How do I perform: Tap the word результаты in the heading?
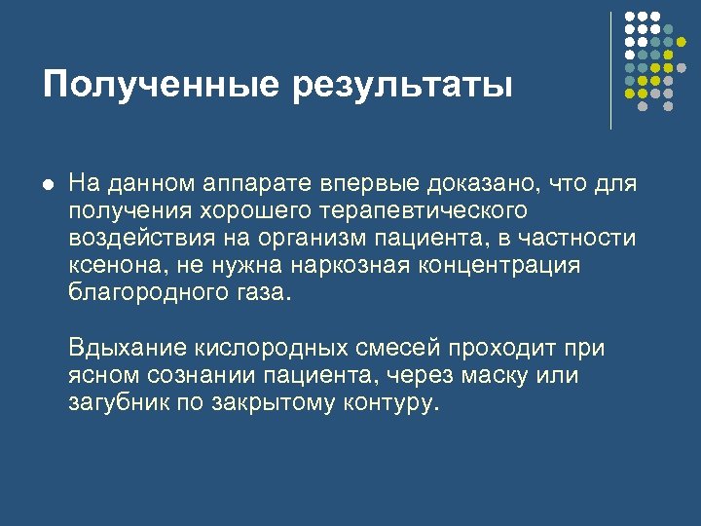[x=402, y=86]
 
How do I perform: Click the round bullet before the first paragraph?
[x=48, y=183]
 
